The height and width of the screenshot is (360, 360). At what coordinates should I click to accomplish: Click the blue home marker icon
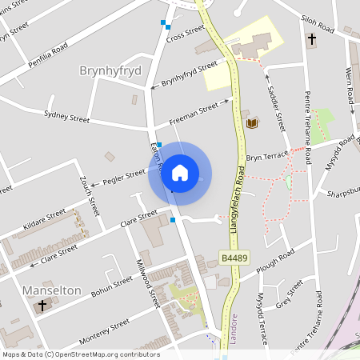pos(180,172)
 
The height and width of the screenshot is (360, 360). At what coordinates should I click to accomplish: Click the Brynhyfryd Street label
pos(190,74)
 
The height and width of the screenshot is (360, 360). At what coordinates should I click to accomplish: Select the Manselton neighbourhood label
pos(53,290)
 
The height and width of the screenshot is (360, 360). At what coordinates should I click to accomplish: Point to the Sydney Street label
pos(67,118)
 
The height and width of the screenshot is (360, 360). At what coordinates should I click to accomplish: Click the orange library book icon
pos(252,123)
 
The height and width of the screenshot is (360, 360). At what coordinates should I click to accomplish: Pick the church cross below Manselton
pos(43,305)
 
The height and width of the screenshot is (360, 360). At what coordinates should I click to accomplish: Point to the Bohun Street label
pos(111,286)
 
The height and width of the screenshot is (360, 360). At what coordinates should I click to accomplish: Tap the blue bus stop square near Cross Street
pos(164,22)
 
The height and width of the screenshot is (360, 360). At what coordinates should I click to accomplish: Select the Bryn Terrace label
pos(266,157)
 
